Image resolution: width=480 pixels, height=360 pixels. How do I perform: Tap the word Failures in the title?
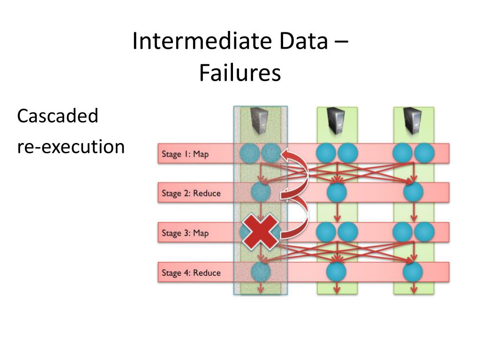(x=240, y=73)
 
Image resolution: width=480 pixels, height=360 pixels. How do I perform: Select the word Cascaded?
(x=58, y=116)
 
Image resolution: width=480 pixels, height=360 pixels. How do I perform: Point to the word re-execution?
(x=71, y=147)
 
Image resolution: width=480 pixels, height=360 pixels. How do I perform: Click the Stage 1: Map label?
(x=185, y=154)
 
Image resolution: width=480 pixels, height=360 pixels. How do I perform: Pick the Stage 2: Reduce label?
(x=191, y=193)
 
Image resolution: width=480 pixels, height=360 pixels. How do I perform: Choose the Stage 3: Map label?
(x=185, y=233)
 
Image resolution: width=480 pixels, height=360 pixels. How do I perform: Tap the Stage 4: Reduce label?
(x=191, y=272)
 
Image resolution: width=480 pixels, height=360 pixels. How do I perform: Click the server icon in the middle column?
(x=337, y=121)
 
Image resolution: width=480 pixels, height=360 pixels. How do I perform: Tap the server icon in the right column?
(x=413, y=121)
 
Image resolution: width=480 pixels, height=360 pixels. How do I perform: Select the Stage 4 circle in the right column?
(x=413, y=272)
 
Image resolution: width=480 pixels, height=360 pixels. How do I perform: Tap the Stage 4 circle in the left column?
(x=261, y=272)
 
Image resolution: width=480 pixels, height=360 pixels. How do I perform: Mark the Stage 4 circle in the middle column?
(x=337, y=272)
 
